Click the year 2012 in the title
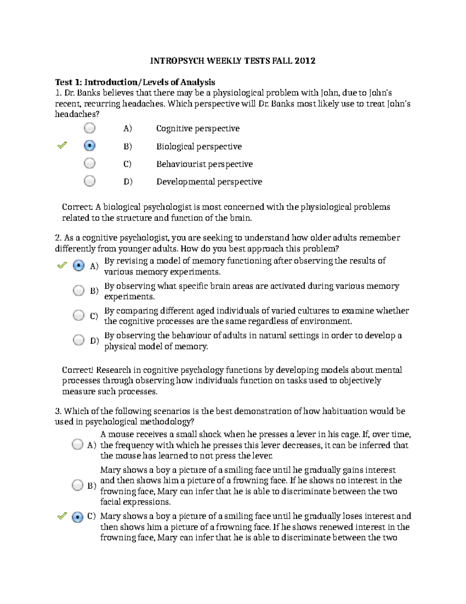coord(305,61)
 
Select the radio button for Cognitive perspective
coord(90,128)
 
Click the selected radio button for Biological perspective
coord(90,146)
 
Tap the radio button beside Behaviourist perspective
coord(90,163)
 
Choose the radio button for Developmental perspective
coord(90,181)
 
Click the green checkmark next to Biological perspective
coord(62,145)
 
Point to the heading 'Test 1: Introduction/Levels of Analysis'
coord(135,82)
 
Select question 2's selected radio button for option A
coord(79,266)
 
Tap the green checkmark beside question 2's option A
coord(62,266)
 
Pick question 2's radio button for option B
coord(79,291)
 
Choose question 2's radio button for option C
coord(79,315)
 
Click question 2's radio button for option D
coord(79,340)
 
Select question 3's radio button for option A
coord(78,445)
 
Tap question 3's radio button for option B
coord(78,485)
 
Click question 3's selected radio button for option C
coord(78,517)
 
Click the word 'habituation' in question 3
coord(345,411)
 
